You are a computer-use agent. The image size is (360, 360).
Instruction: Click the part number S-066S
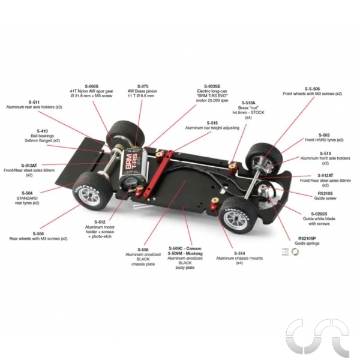pos(92,86)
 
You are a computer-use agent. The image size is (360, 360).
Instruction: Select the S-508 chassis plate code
pos(142,248)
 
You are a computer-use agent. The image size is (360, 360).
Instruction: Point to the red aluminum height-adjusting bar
pos(167,163)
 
